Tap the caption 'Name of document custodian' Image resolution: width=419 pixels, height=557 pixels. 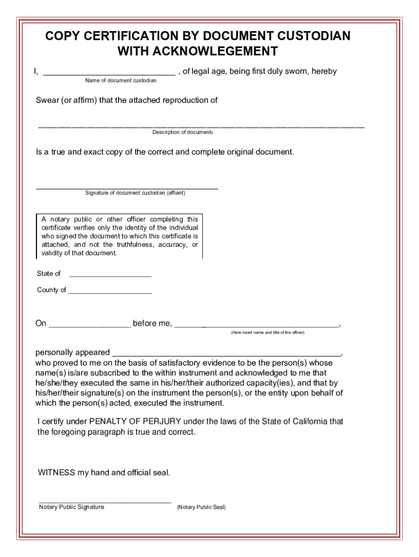(120, 81)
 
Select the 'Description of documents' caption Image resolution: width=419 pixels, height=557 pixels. (182, 132)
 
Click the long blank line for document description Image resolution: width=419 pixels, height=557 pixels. (201, 127)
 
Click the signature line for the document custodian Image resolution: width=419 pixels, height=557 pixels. (127, 187)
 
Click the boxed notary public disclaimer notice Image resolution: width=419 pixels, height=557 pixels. (119, 236)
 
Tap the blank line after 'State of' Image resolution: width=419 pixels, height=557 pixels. (110, 276)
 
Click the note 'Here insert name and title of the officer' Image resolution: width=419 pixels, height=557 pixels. (267, 332)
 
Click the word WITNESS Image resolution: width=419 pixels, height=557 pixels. (56, 473)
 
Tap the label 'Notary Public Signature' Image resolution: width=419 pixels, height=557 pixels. (71, 507)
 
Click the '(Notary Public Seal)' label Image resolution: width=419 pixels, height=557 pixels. (201, 508)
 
